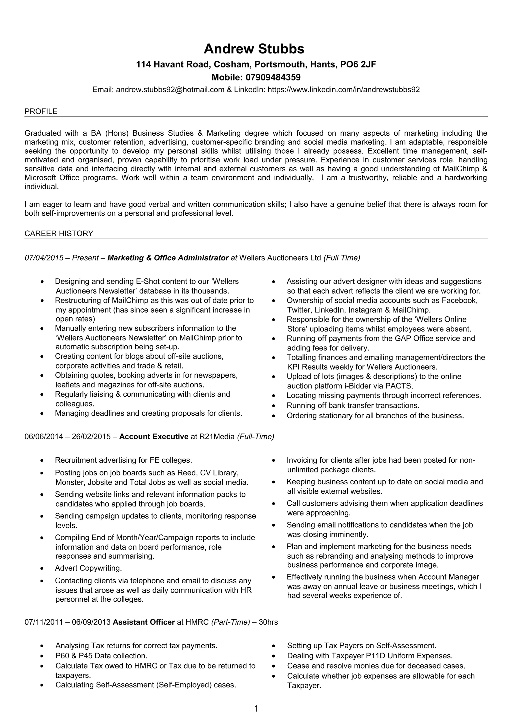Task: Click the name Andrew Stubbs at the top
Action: click(254, 49)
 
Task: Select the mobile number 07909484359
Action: click(273, 77)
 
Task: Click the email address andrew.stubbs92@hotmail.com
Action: click(170, 90)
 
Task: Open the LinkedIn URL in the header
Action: click(343, 90)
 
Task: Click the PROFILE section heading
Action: click(41, 112)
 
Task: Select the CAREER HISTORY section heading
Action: click(59, 234)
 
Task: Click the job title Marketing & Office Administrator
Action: click(168, 258)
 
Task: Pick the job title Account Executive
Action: click(154, 437)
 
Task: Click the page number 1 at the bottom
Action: click(256, 709)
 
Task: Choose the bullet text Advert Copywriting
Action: click(88, 568)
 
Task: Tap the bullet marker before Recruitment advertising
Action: click(42, 461)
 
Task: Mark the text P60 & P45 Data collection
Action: click(101, 656)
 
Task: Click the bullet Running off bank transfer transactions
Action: click(353, 405)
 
